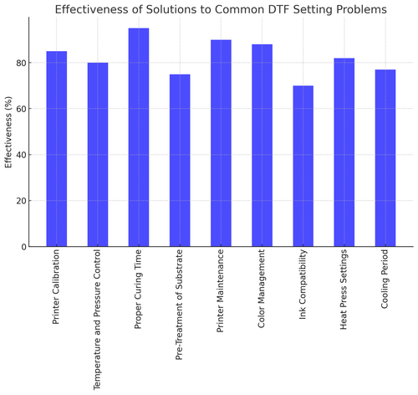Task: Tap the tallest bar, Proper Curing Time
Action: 138,137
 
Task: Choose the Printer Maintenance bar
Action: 220,143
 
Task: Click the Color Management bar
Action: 261,146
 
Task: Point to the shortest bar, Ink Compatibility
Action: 303,167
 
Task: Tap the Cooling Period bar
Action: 385,158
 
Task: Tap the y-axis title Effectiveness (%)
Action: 9,142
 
